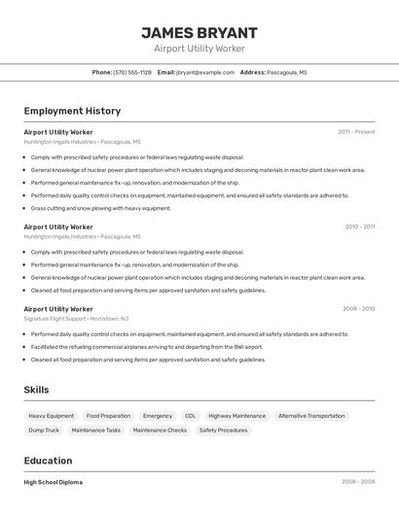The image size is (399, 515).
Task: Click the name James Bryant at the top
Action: tap(199, 32)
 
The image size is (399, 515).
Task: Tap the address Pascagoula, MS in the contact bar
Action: tap(287, 72)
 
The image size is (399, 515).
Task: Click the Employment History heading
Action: tap(72, 111)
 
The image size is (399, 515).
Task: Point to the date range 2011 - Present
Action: tap(356, 131)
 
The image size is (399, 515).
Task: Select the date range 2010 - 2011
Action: tap(359, 226)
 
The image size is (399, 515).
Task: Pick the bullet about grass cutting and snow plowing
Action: tap(100, 208)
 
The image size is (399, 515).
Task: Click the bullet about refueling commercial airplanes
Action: tap(147, 347)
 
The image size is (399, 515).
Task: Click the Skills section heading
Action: tap(37, 390)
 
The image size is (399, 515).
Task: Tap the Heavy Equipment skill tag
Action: tap(52, 416)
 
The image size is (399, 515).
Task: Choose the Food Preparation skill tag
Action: tap(108, 416)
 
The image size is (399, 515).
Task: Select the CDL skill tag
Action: tap(190, 416)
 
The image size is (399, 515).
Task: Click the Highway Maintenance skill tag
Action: tap(236, 416)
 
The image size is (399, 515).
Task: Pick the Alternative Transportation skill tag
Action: tap(311, 416)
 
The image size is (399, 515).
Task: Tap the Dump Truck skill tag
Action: tap(44, 429)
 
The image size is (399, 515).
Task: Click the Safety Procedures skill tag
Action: tap(223, 429)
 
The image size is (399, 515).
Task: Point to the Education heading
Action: tap(48, 461)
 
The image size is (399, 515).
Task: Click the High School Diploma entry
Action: tap(54, 482)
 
